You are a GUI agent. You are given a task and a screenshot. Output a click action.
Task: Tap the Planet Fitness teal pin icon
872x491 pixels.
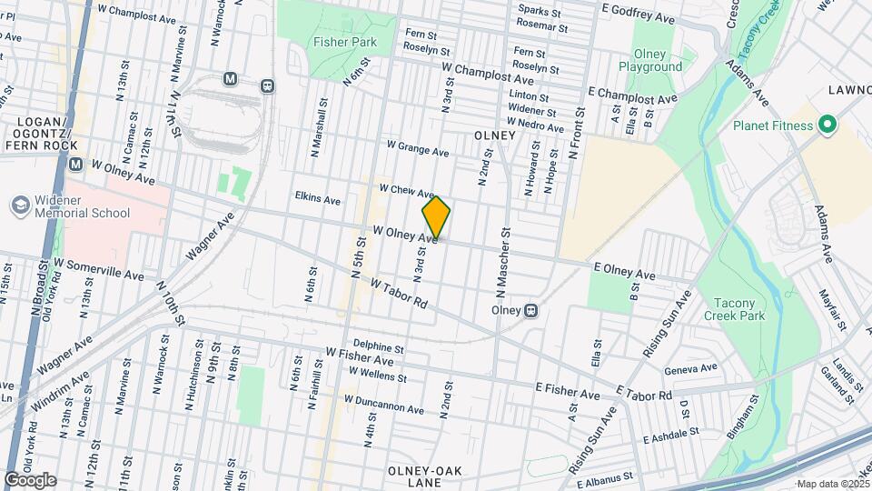click(x=827, y=125)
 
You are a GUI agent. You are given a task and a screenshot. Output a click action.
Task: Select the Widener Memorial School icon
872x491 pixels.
click(x=19, y=206)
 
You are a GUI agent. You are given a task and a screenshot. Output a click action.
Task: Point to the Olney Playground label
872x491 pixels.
click(x=650, y=60)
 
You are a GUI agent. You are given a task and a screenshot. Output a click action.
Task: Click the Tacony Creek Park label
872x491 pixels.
click(x=735, y=309)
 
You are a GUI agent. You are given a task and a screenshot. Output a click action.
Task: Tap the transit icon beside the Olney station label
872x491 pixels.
click(x=531, y=310)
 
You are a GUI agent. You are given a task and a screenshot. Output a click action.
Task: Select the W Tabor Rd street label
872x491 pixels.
click(x=399, y=292)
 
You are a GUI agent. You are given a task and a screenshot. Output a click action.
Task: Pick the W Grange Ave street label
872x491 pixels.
click(x=418, y=148)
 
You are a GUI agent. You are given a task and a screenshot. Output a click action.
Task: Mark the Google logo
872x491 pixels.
click(x=30, y=480)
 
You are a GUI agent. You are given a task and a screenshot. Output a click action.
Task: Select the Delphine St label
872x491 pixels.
click(x=378, y=346)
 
